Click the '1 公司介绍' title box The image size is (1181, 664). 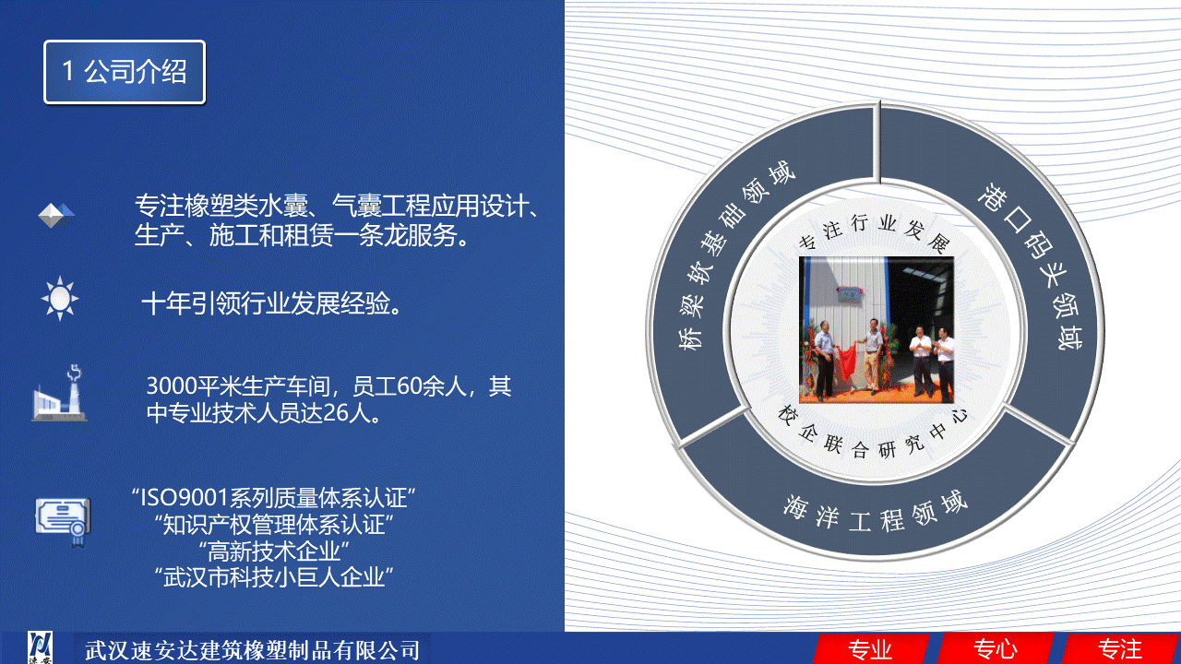pos(125,72)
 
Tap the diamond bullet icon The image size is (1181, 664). pos(56,215)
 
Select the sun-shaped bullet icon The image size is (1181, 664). pos(60,298)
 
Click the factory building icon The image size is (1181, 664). pos(59,393)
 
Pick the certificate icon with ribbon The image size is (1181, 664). pos(64,521)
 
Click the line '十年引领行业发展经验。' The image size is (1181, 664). pos(272,303)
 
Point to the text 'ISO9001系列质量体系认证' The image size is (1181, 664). pos(273,497)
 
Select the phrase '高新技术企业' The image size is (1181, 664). pos(274,551)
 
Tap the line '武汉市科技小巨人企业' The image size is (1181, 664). pos(274,577)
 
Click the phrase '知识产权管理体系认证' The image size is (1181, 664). pos(274,525)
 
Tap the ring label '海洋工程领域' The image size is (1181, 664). pos(876,512)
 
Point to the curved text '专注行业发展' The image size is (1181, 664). pos(877,231)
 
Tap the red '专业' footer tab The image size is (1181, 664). pos(870,649)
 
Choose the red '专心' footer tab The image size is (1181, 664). pos(995,649)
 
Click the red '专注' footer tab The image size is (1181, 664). pos(1120,649)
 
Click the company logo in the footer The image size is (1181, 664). pos(40,647)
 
